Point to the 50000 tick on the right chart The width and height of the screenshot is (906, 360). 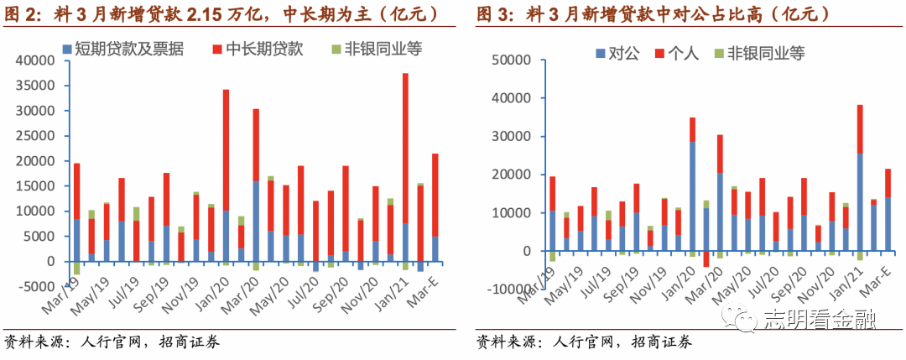pos(513,60)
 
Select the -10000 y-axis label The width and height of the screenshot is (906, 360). pos(510,290)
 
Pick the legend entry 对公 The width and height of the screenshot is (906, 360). pos(621,54)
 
